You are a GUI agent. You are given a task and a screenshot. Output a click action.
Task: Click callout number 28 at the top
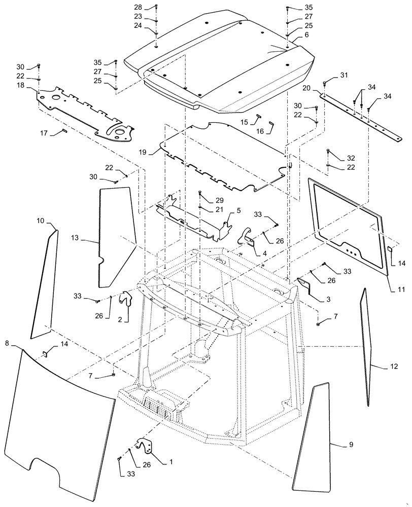[x=139, y=8]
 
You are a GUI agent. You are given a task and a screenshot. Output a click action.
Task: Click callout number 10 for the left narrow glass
[x=41, y=221]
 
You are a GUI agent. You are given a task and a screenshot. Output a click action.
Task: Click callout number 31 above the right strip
[x=345, y=75]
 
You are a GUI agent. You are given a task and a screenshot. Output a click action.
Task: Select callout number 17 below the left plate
[x=44, y=133]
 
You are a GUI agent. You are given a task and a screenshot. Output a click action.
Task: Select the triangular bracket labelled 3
[x=307, y=286]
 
